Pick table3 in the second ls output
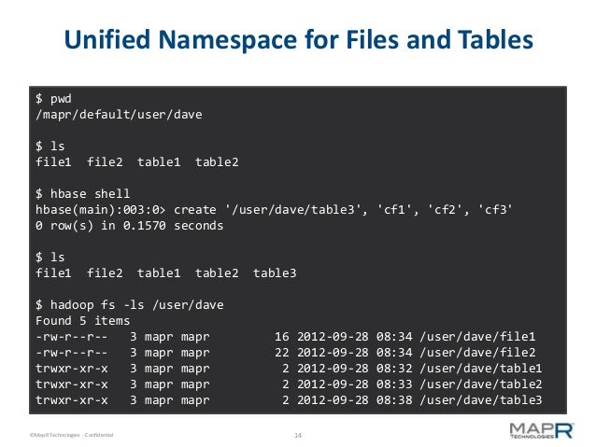coord(275,272)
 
